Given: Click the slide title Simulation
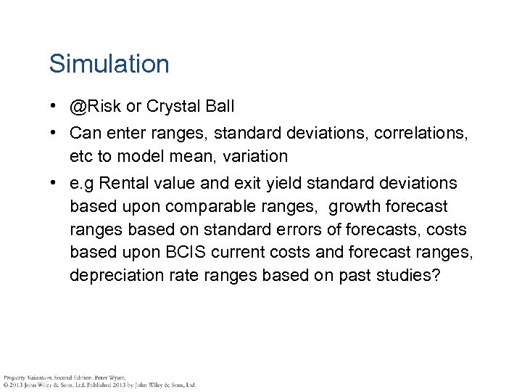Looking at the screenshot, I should point(109,64).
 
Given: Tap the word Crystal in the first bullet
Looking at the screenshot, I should point(171,107).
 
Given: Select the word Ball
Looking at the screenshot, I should point(217,107).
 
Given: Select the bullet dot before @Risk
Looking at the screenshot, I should point(54,107).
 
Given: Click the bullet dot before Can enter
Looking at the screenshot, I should point(54,133).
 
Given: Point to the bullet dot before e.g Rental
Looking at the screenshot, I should point(54,182).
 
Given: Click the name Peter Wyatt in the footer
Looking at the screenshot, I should point(109,377).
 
